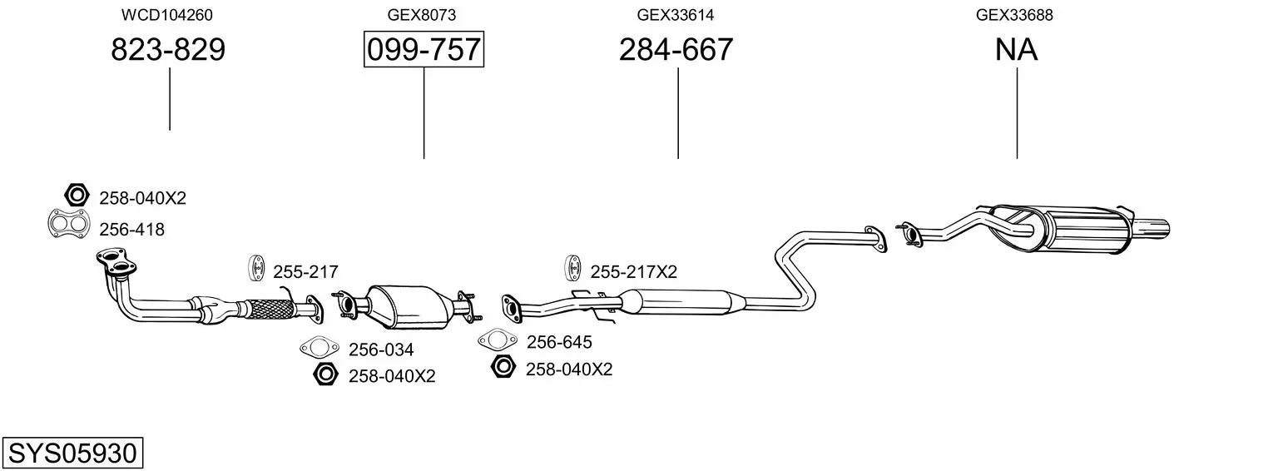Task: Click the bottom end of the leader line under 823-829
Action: point(170,130)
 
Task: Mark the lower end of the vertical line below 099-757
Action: point(424,158)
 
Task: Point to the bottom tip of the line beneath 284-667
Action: point(678,158)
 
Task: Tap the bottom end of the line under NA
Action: point(1017,158)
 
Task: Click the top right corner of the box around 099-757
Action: point(483,32)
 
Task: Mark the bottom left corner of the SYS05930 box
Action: point(2,468)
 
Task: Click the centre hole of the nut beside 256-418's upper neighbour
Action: point(77,196)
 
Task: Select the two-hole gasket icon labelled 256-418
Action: point(69,224)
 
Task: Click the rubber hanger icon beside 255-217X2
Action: point(573,268)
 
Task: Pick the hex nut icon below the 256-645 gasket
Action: point(503,366)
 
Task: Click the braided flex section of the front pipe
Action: point(270,309)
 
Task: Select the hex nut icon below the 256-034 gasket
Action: point(325,374)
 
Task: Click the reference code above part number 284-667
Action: point(675,15)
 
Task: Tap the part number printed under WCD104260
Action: point(168,49)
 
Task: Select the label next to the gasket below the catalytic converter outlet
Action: point(559,342)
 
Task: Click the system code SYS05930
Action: point(72,453)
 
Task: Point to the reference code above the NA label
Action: point(1014,15)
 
